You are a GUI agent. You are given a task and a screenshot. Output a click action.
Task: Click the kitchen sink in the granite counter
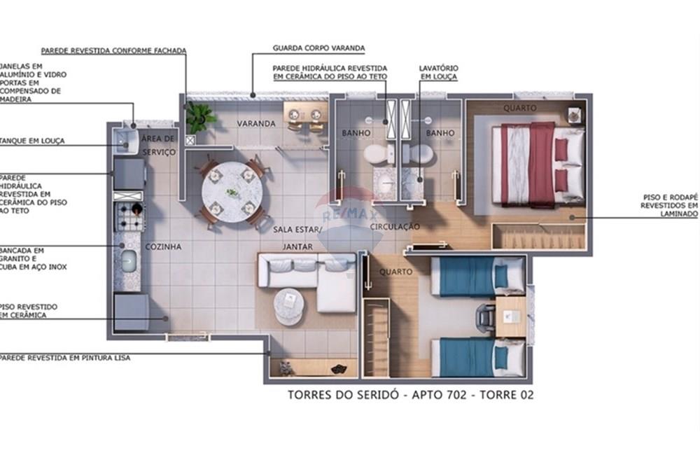coord(128,261)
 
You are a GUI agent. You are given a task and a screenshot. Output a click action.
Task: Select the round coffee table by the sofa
coord(289,307)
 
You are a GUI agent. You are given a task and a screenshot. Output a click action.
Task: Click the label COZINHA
coord(163,246)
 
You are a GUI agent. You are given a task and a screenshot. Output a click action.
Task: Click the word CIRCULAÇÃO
coord(395,227)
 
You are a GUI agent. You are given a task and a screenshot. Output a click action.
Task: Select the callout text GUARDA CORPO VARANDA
coord(318,48)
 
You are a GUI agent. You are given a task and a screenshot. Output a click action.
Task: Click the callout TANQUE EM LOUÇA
coord(32,141)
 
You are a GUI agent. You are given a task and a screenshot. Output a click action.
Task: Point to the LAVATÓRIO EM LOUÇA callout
coord(438,72)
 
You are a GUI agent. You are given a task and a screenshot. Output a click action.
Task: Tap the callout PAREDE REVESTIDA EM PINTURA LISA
coord(64,358)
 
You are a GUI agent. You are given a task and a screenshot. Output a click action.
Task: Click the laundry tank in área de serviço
coord(127,141)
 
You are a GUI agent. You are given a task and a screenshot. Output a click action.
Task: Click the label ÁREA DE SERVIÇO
coord(159,144)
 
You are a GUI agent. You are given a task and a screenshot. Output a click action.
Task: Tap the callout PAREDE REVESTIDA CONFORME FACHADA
coord(113,51)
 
